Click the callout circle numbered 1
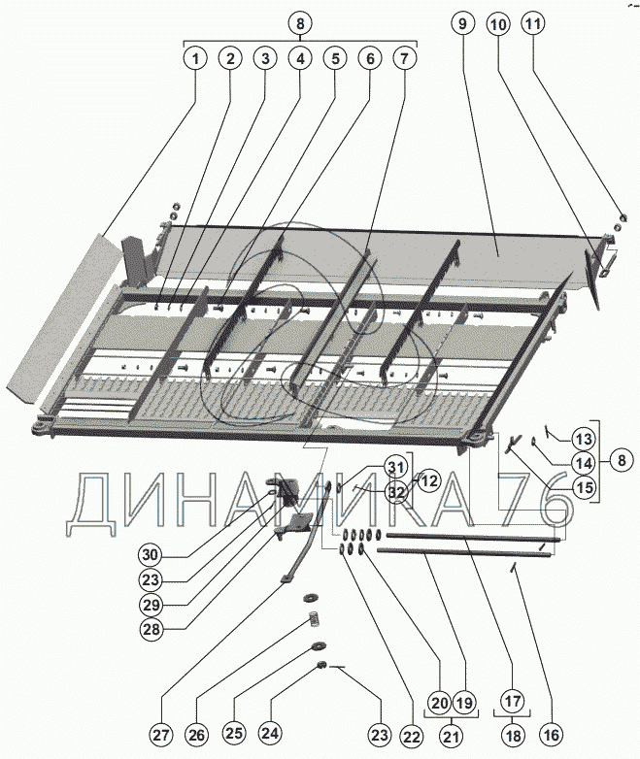click(195, 59)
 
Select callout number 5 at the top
click(335, 59)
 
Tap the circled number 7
click(405, 59)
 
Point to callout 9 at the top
click(462, 22)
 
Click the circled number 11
click(533, 23)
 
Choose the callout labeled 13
click(584, 440)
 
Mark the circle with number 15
click(585, 487)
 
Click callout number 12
click(429, 481)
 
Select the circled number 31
click(395, 468)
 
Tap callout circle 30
click(151, 555)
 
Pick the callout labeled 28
click(151, 629)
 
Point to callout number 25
click(233, 733)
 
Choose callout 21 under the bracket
click(451, 737)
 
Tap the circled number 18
click(513, 736)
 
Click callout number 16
click(552, 736)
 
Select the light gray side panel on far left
click(63, 319)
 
